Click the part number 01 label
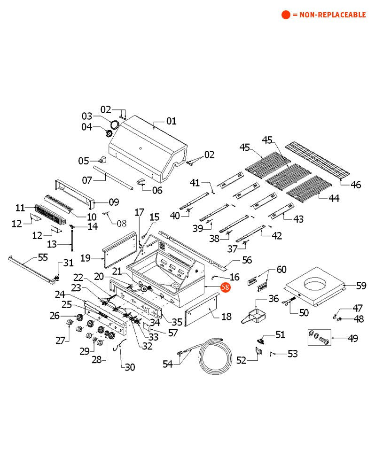[x=171, y=121]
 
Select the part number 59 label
[x=361, y=285]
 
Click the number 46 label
[x=356, y=185]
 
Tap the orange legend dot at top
[x=286, y=15]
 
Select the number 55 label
[x=43, y=257]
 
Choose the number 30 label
[x=130, y=367]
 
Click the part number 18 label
[x=226, y=317]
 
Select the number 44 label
[x=334, y=198]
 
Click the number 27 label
[x=60, y=340]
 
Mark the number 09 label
[x=114, y=202]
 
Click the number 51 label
[x=280, y=334]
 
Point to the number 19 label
[x=86, y=257]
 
